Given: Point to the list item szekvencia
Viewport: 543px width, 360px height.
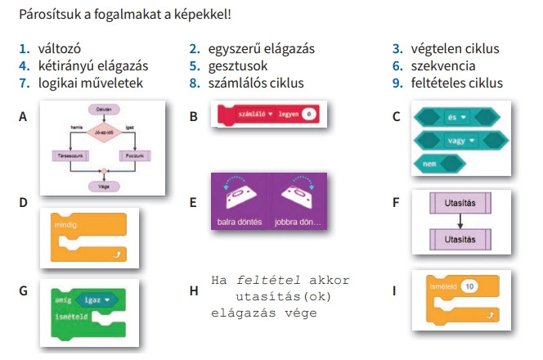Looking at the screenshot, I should [445, 66].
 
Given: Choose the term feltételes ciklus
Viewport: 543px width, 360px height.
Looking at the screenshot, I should [458, 83].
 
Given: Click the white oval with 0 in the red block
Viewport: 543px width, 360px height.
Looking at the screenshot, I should [307, 115].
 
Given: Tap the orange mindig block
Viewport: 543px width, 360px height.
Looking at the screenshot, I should [88, 232].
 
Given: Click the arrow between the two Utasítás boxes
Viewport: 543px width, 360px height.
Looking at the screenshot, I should [461, 220].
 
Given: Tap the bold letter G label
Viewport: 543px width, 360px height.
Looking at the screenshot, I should [24, 290].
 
